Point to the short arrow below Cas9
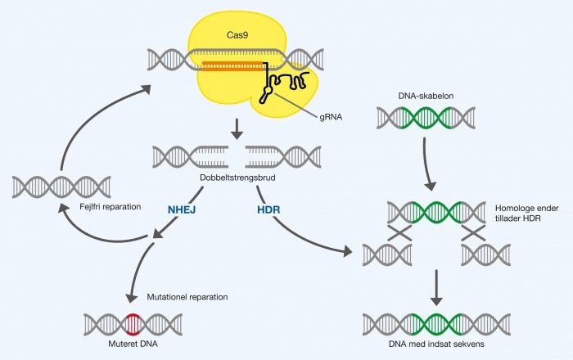pos(236,128)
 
